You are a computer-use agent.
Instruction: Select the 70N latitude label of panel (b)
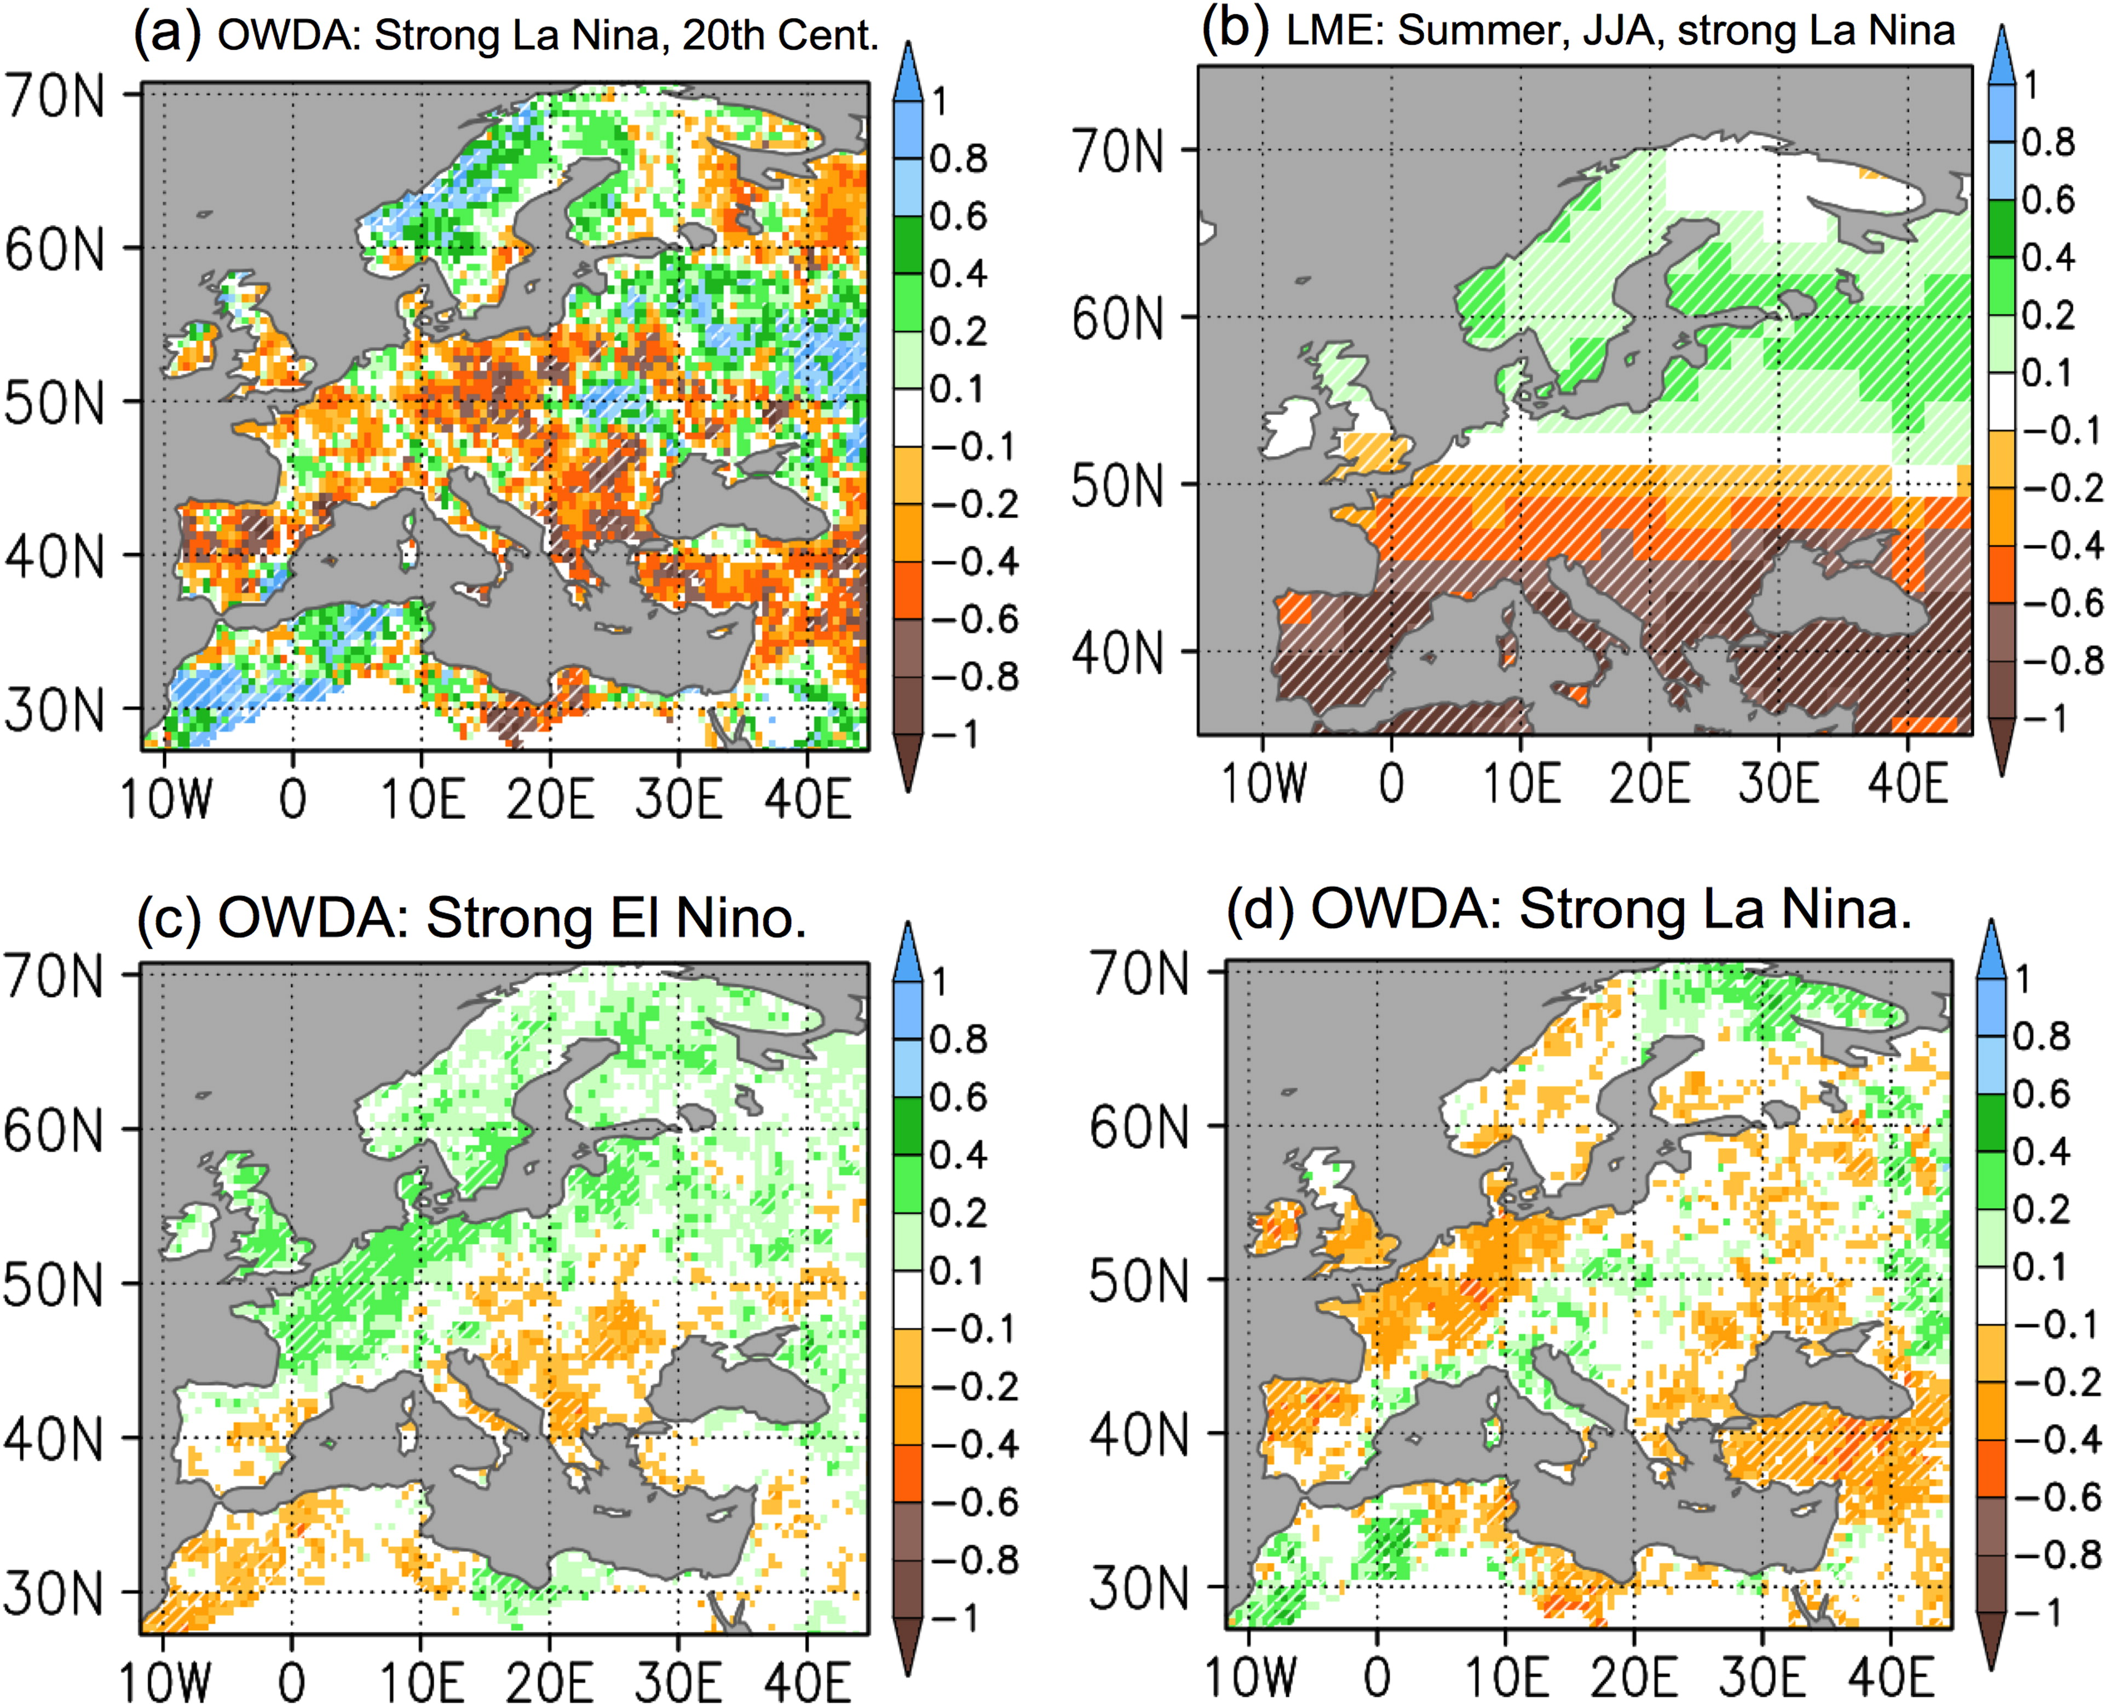1118,152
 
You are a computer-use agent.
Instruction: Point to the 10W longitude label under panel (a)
165,798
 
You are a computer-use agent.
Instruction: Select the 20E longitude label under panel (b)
1649,783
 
